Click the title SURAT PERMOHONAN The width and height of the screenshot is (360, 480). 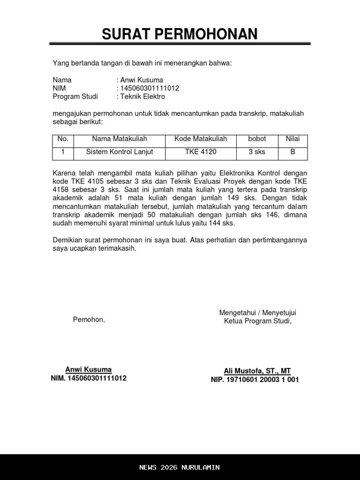[180, 34]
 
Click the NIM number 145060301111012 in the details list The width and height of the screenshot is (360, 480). [150, 88]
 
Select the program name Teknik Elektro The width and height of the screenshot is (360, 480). [142, 97]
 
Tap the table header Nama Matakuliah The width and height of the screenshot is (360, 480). [120, 139]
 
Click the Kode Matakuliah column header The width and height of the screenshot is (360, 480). [201, 139]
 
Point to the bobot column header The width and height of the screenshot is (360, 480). [257, 139]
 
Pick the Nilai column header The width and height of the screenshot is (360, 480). [293, 139]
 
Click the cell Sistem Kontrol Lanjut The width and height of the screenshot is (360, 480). [120, 152]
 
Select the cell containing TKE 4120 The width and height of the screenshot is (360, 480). [201, 152]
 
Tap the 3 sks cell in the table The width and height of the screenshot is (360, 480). [257, 152]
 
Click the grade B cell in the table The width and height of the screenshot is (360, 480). [293, 152]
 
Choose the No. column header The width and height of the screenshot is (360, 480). [63, 139]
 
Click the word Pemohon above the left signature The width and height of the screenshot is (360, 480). [89, 320]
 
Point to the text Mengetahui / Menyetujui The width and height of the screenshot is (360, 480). [257, 313]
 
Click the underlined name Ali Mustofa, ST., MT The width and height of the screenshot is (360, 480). [257, 371]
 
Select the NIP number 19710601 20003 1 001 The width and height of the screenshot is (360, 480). [255, 380]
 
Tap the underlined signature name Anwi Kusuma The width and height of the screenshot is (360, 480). [88, 369]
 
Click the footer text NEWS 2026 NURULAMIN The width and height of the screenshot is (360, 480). [180, 467]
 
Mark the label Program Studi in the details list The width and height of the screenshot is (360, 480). [75, 97]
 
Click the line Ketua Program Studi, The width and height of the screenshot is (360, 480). [257, 321]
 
